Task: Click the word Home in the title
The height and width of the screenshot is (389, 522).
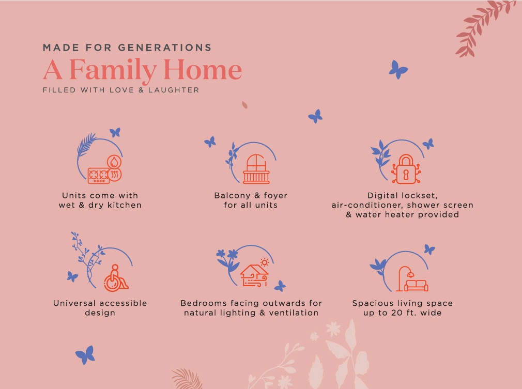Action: (x=203, y=70)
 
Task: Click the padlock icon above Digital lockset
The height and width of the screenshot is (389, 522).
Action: (x=406, y=169)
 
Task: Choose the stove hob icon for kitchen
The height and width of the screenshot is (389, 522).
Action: (x=99, y=176)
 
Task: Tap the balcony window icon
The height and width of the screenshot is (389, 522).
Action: (x=256, y=169)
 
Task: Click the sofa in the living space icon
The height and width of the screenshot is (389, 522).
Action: (x=416, y=286)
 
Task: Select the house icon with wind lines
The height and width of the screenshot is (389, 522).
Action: (x=254, y=276)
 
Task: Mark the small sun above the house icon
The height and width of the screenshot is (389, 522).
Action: (x=265, y=262)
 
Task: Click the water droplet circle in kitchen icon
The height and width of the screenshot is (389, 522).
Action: (x=114, y=162)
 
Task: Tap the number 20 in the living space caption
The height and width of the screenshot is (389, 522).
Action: (x=397, y=313)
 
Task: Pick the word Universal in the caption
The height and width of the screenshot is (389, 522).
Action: (x=74, y=303)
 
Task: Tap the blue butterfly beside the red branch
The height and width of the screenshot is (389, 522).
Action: (x=398, y=70)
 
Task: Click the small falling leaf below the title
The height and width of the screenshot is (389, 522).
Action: (x=244, y=105)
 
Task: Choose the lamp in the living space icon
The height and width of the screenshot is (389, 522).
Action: (x=404, y=278)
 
